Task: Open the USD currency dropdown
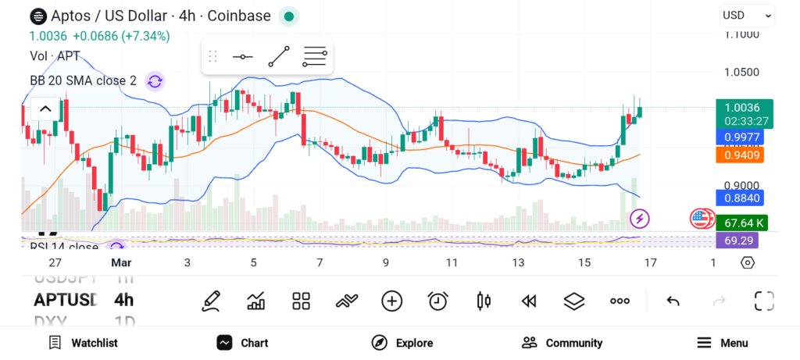(x=746, y=15)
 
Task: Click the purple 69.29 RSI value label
(x=737, y=241)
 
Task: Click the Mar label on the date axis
(x=121, y=263)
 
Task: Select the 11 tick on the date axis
(x=452, y=263)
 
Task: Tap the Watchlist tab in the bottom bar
(x=83, y=343)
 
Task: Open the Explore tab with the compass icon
(x=402, y=343)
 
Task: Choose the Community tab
(x=562, y=343)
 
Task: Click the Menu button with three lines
(x=722, y=343)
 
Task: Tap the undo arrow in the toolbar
(x=673, y=301)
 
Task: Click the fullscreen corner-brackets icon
(x=764, y=301)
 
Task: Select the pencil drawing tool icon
(x=210, y=301)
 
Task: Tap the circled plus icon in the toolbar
(x=391, y=301)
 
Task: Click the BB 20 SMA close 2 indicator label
(x=83, y=80)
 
